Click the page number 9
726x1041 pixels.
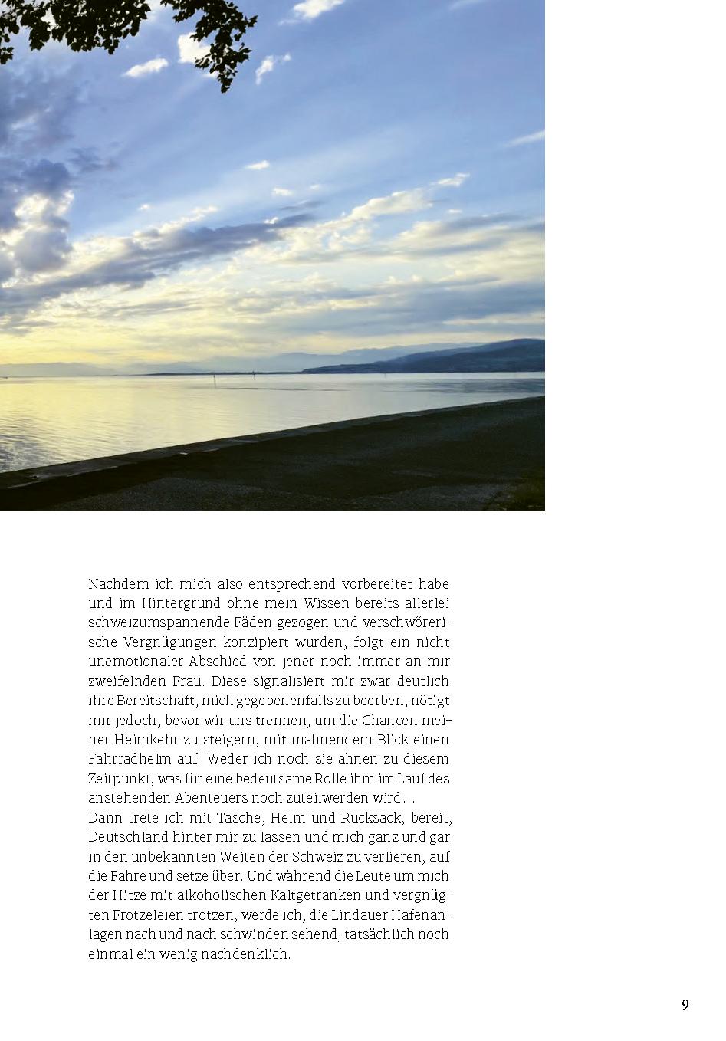(x=685, y=1005)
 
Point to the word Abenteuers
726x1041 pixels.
(x=199, y=798)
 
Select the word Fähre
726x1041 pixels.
(x=130, y=876)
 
